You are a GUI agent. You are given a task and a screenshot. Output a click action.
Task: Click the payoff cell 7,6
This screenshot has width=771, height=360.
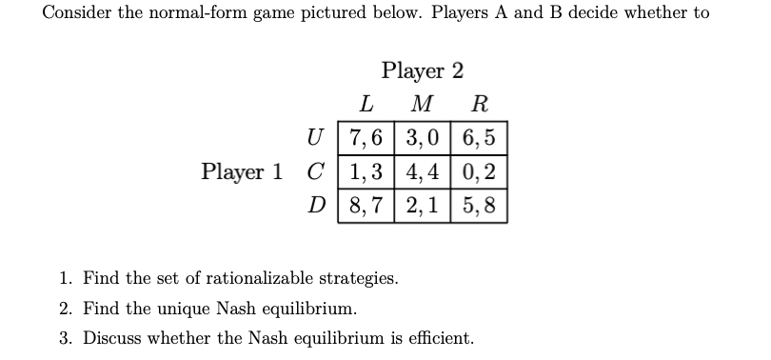click(x=368, y=137)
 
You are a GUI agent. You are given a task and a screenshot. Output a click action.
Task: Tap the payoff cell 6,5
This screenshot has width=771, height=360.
click(x=478, y=137)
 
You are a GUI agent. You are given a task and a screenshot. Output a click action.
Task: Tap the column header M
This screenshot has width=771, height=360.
click(x=424, y=103)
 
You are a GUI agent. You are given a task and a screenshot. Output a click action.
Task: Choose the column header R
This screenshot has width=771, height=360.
click(x=481, y=103)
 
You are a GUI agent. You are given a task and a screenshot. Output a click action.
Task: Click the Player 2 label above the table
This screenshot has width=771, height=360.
click(x=423, y=71)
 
